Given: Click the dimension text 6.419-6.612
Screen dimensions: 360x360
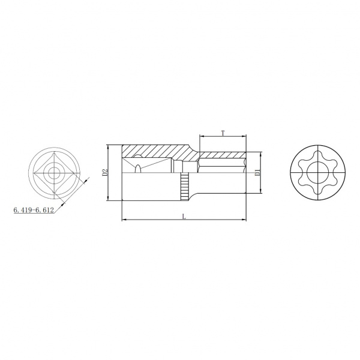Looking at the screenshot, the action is point(34,210).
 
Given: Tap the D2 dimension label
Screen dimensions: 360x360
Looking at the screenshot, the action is point(104,172).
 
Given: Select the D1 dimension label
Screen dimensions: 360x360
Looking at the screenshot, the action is point(257,172).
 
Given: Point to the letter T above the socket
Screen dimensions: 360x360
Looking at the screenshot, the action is point(223,133).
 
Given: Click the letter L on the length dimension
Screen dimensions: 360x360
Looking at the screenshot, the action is point(184,216).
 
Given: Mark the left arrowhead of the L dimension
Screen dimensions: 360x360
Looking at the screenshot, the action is point(124,220).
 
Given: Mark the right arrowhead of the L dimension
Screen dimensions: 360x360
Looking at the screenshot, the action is point(244,220).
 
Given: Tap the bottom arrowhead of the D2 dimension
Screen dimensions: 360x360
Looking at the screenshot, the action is point(107,198).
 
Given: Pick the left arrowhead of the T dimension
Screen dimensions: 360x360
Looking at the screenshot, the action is point(202,137).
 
